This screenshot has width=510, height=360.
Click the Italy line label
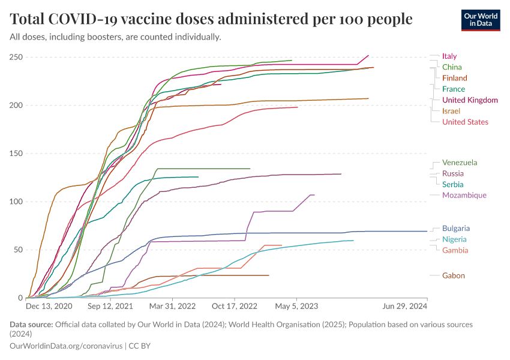click(449, 56)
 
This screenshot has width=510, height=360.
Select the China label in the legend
click(452, 67)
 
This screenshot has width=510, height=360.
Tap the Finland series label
click(454, 78)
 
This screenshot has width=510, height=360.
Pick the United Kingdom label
click(470, 100)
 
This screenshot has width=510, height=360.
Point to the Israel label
click(451, 111)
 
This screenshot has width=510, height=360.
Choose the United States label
click(465, 122)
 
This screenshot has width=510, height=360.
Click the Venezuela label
click(460, 163)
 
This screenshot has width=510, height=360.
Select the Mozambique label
click(464, 195)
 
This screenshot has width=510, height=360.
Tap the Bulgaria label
click(455, 229)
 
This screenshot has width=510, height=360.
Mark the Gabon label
click(453, 275)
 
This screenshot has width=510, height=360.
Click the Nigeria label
click(454, 239)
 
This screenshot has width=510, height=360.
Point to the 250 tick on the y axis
click(16, 58)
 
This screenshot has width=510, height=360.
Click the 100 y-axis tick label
click(16, 202)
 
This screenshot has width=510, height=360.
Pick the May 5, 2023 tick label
click(296, 306)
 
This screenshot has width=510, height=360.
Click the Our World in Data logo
click(481, 20)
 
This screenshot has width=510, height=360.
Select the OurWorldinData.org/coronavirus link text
click(66, 346)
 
